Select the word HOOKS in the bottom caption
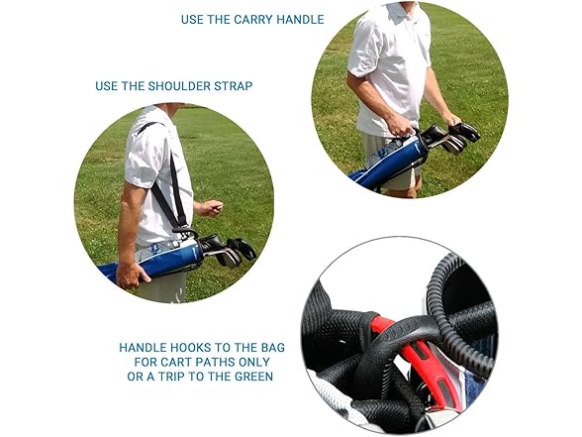(190, 348)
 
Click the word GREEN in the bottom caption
(253, 377)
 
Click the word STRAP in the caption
(234, 86)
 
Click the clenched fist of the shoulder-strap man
(213, 207)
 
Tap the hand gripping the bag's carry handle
(401, 125)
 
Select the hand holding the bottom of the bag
(131, 275)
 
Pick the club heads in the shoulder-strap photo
(229, 250)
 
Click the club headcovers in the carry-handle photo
(451, 137)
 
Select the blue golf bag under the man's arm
(156, 259)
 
